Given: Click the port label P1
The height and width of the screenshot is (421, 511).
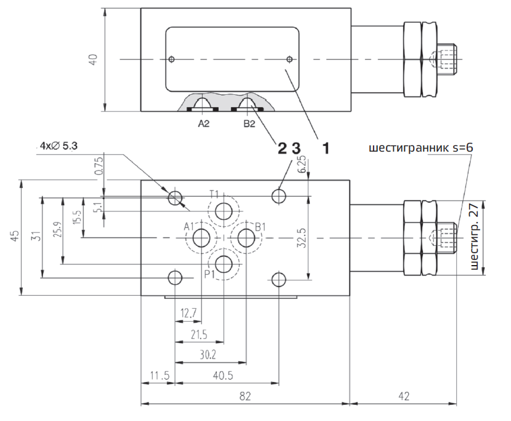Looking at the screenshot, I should (209, 274).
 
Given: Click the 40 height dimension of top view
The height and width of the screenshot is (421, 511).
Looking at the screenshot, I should (93, 60).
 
